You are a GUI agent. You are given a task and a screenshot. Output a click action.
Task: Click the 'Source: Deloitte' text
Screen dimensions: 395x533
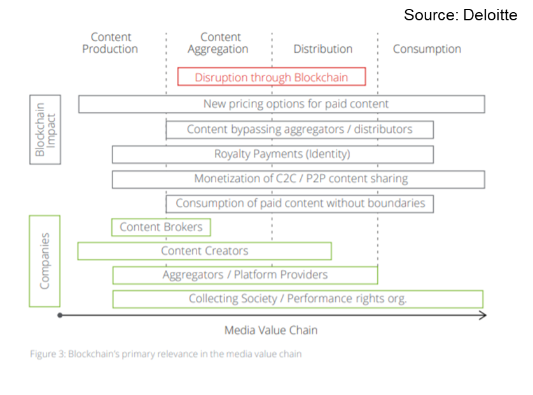click(x=460, y=15)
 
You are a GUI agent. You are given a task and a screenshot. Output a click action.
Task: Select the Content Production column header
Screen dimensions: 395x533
click(x=110, y=43)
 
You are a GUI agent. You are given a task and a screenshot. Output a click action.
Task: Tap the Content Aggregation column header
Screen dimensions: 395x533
click(x=220, y=43)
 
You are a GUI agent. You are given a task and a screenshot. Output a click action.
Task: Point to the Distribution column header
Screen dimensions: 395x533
click(x=322, y=49)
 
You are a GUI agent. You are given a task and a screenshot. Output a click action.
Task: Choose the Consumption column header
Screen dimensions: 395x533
click(x=427, y=49)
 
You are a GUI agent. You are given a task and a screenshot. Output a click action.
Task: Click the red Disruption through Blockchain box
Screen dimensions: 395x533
click(x=272, y=77)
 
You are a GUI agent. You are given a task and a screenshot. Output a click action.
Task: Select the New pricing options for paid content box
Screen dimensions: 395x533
click(x=282, y=104)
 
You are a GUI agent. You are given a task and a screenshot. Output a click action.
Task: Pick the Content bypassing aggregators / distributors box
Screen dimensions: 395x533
click(x=300, y=130)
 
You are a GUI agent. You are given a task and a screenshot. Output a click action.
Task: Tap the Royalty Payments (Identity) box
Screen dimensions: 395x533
click(x=273, y=154)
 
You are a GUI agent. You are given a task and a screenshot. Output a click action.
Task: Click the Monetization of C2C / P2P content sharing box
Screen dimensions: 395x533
click(x=298, y=179)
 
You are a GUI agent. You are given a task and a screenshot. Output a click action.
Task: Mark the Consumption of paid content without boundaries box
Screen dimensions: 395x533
click(x=300, y=204)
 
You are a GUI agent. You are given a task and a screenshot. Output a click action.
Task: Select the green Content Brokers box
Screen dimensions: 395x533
click(x=161, y=227)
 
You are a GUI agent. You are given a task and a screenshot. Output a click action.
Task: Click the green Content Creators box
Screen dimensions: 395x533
click(x=204, y=251)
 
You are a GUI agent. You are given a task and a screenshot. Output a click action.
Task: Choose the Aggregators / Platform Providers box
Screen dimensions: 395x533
click(x=245, y=275)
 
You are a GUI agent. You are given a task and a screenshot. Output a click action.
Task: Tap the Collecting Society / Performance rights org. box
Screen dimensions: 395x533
click(x=298, y=299)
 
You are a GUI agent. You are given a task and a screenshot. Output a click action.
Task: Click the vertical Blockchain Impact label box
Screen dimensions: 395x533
click(x=45, y=130)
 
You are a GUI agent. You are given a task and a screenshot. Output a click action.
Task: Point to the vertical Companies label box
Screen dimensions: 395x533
click(x=45, y=261)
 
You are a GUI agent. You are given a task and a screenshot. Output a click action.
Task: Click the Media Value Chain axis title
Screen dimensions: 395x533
click(x=270, y=330)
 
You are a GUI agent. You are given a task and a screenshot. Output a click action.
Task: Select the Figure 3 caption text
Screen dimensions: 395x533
click(x=165, y=354)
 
